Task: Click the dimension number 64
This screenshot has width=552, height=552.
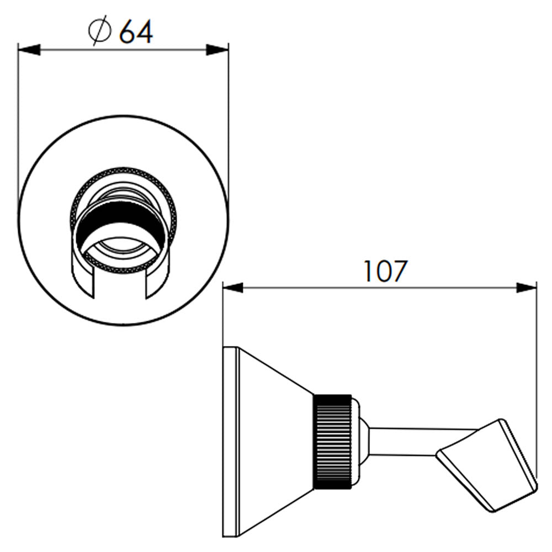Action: [x=136, y=32]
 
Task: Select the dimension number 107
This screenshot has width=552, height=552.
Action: [x=385, y=271]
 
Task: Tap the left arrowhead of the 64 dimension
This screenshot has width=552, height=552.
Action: [x=29, y=50]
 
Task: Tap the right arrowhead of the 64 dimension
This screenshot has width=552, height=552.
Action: [x=217, y=50]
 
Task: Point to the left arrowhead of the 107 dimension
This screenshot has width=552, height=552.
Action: [x=233, y=288]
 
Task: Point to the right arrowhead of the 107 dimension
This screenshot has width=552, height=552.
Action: [x=527, y=288]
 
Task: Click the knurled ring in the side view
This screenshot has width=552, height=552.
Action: [x=332, y=442]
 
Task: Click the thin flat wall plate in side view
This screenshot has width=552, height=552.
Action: [x=231, y=442]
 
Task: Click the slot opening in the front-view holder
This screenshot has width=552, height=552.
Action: [x=120, y=282]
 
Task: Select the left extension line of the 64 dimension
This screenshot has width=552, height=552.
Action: [x=18, y=123]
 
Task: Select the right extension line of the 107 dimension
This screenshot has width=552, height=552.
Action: [x=537, y=380]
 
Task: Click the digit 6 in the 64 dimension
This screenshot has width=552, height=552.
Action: [x=128, y=32]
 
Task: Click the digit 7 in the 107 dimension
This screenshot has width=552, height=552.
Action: [x=400, y=271]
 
